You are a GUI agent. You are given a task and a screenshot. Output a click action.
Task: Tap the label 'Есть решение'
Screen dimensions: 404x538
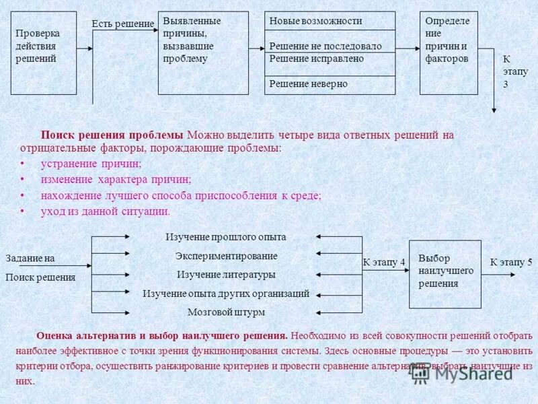coord(122,24)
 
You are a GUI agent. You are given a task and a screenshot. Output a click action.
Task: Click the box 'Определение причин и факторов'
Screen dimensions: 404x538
coord(449,53)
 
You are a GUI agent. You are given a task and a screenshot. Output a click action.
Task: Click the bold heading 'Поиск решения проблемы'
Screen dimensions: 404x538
coord(112,135)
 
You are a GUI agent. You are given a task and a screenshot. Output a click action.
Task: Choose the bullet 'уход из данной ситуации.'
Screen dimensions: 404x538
coord(106,211)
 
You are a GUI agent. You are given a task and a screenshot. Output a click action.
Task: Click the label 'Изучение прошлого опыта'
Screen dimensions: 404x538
coord(226,237)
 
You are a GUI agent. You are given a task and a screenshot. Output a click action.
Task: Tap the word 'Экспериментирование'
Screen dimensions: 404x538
coord(226,256)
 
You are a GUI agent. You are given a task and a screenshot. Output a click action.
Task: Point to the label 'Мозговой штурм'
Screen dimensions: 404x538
coord(226,312)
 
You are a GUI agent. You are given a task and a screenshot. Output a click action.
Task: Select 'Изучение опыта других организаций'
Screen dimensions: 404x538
coord(226,294)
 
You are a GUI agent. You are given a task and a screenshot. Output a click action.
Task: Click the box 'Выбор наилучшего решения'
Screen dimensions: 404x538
coord(445,273)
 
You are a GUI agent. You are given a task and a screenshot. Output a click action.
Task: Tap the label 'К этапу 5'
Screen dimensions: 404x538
coord(510,263)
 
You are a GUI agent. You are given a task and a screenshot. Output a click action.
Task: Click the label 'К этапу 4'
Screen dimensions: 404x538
coord(384,263)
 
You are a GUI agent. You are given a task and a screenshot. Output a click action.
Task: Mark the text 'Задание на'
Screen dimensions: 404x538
coord(30,259)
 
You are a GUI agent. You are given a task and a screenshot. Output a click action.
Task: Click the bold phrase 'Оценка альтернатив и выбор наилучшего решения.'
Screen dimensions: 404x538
coord(162,335)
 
